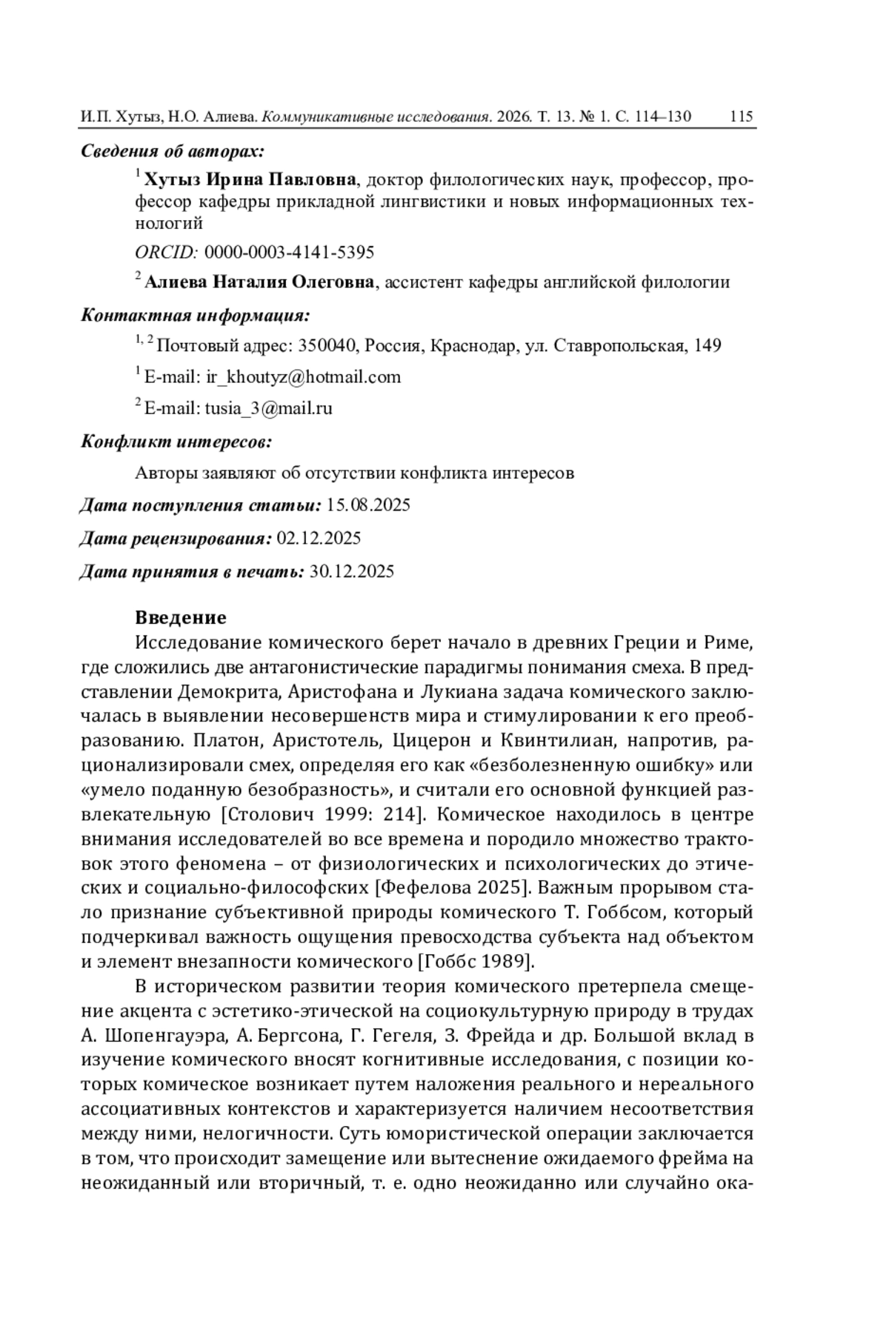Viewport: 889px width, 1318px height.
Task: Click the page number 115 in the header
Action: [x=741, y=116]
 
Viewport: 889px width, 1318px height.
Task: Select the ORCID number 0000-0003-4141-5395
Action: [x=289, y=252]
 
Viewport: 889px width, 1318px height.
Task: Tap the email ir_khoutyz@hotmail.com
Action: [x=303, y=376]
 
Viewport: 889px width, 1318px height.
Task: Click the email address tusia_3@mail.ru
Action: [x=268, y=407]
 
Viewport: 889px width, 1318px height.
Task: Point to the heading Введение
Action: [x=181, y=617]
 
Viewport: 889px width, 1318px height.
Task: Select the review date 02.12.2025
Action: [x=319, y=538]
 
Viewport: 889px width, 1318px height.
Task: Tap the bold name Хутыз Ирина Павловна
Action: [x=250, y=179]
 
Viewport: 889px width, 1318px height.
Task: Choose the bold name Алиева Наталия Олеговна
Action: [x=259, y=282]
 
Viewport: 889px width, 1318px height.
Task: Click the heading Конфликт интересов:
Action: [x=176, y=442]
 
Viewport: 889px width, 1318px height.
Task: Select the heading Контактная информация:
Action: [x=195, y=315]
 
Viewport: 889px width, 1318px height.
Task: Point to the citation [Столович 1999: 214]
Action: [x=323, y=814]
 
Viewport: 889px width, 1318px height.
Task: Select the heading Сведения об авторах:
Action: [x=173, y=151]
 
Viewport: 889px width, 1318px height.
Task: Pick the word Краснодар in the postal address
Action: [x=473, y=345]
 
